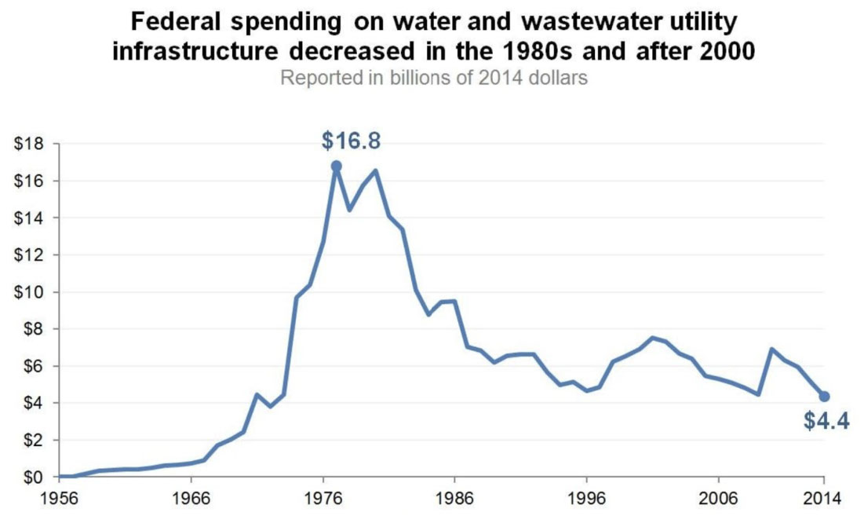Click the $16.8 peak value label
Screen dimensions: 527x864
(x=351, y=141)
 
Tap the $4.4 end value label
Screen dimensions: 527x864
(x=826, y=421)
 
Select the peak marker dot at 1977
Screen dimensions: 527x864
(x=337, y=166)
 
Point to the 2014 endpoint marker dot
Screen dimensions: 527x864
(x=825, y=396)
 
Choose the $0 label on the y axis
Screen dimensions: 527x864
(x=32, y=477)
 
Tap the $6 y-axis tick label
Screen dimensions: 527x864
(x=32, y=366)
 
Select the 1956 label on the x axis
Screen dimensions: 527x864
(x=60, y=499)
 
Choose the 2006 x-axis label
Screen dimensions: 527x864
(x=720, y=499)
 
